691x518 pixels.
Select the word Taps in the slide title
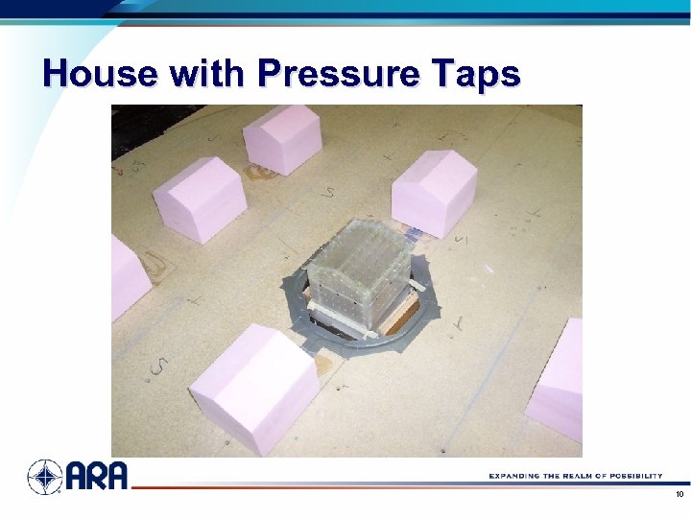pos(474,74)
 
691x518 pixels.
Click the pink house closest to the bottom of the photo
pos(253,388)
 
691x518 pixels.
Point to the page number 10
pos(679,495)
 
